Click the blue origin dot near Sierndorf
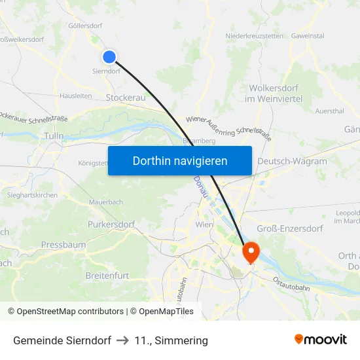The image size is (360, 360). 109,57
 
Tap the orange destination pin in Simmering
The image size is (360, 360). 251,251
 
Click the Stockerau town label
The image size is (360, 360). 126,97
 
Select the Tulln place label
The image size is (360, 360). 53,136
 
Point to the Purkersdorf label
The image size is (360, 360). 111,225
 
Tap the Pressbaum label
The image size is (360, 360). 63,244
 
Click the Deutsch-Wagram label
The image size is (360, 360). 292,161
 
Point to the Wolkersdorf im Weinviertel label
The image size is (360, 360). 275,93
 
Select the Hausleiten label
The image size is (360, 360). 75,95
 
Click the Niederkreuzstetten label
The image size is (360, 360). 255,35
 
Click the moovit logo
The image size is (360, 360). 320,339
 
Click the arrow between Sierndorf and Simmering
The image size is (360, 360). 122,340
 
